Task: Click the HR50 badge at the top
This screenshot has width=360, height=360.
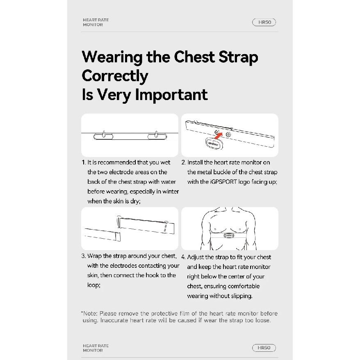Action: click(264, 22)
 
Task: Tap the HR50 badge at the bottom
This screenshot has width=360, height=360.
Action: click(264, 348)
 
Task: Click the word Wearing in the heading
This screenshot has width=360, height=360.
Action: click(112, 57)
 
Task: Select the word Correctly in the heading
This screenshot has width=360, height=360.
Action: click(115, 76)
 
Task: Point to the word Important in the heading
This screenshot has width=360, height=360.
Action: click(171, 95)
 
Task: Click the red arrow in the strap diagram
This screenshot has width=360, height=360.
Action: click(218, 136)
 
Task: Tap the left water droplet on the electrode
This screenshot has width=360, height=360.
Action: click(104, 134)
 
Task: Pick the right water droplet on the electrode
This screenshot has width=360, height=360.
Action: click(156, 134)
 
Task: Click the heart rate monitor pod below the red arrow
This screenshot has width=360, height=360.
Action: click(213, 144)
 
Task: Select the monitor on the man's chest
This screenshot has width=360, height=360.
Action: click(229, 235)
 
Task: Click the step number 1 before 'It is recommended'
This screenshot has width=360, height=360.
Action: click(84, 162)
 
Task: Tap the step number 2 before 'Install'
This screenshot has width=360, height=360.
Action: click(183, 162)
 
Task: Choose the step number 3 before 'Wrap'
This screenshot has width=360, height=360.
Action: click(84, 256)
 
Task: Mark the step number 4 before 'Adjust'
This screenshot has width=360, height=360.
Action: click(183, 257)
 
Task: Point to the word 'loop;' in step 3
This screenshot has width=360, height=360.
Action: click(94, 285)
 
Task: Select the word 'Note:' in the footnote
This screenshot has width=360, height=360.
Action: click(90, 313)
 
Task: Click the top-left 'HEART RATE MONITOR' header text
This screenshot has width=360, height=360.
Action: click(96, 22)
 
